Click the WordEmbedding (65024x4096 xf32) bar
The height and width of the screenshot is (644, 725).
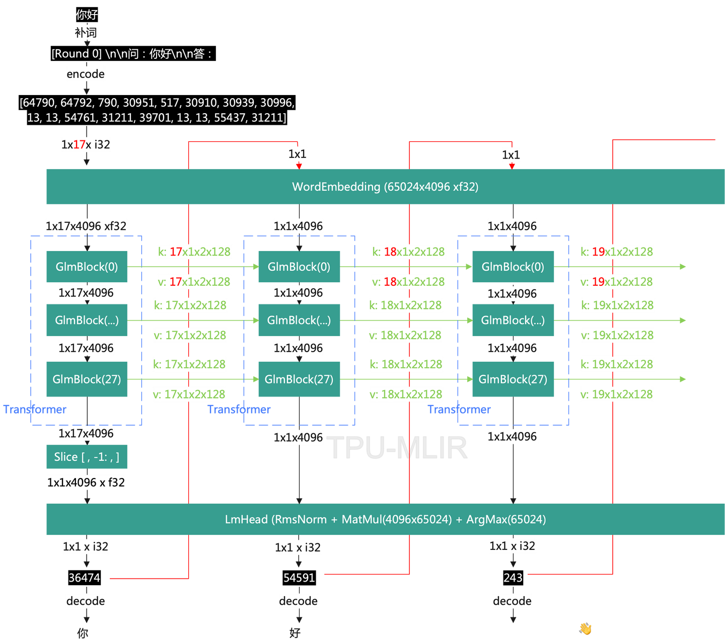385,187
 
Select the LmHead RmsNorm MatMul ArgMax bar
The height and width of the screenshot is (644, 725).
385,519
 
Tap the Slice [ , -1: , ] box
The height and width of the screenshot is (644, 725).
87,457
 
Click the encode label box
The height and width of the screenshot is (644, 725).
86,74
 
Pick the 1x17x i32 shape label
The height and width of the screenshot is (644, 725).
86,145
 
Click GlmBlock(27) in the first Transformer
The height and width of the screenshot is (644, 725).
87,379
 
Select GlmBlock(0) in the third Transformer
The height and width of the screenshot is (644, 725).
513,267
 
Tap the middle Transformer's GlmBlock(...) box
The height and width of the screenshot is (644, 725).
299,320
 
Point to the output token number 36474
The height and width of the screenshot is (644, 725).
84,578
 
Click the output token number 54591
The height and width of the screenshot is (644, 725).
299,578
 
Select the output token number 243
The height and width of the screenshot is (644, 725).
513,578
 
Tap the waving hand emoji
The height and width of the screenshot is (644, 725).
585,628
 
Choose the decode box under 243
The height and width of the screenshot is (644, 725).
512,601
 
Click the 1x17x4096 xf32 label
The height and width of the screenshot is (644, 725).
86,226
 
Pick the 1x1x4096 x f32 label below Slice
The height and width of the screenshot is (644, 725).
86,482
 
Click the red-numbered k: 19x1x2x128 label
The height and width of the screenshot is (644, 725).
617,252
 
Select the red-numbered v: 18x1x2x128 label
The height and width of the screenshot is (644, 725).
408,282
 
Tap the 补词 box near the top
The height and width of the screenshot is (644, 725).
86,33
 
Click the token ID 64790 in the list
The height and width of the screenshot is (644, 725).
39,103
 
